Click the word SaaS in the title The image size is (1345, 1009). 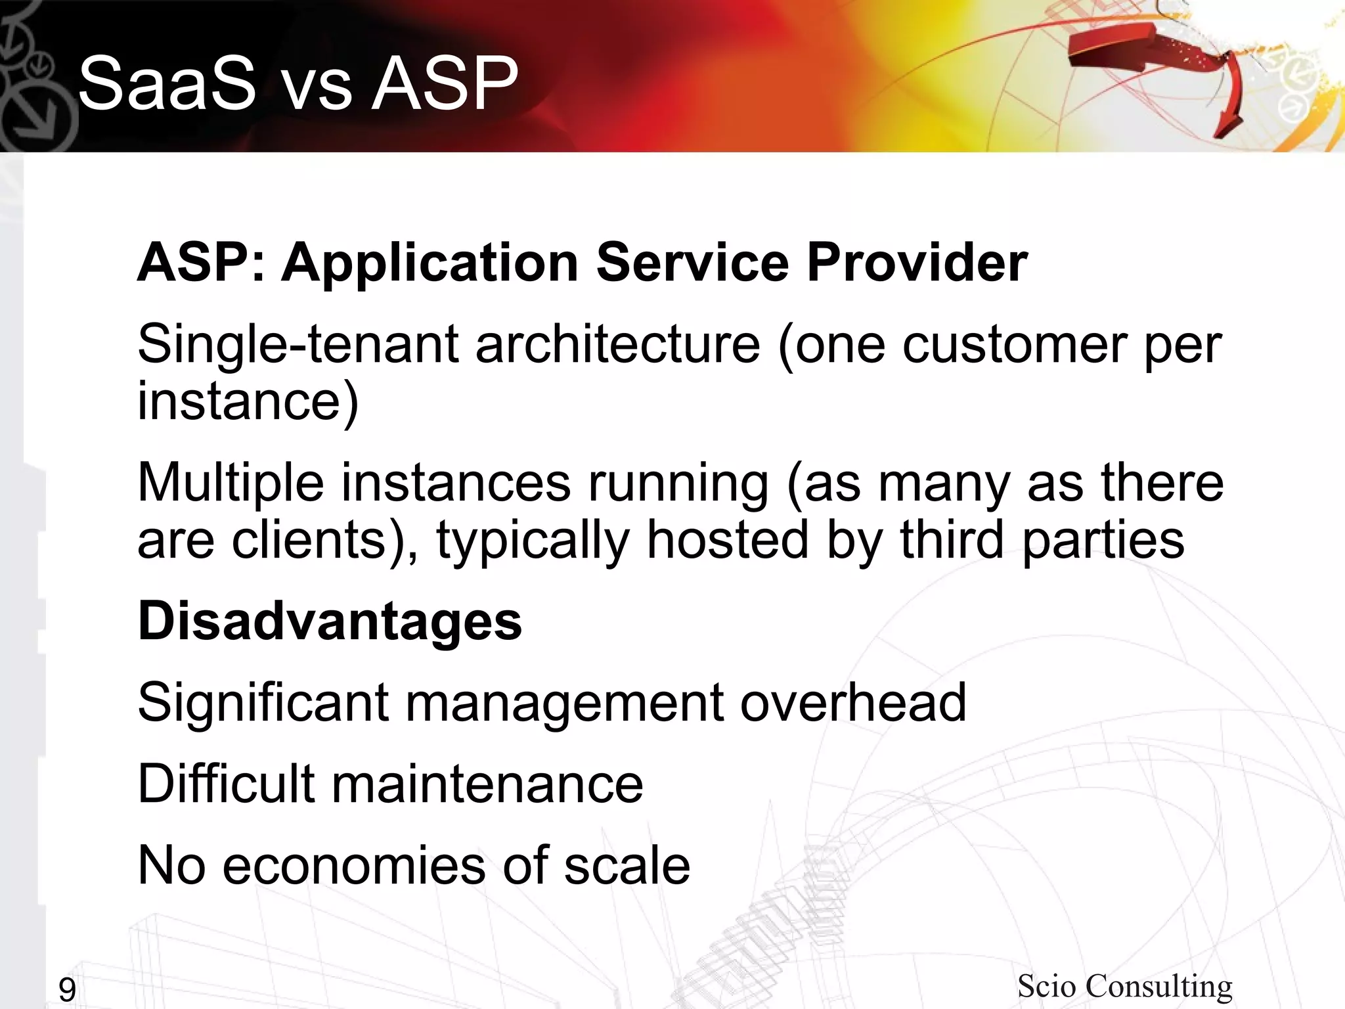[x=167, y=84]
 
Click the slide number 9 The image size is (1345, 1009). [x=67, y=989]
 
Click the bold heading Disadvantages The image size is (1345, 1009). [x=330, y=621]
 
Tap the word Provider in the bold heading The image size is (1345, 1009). [x=917, y=263]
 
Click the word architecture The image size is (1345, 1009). [x=617, y=345]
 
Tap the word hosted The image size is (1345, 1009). [x=727, y=540]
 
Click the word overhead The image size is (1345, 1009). [x=853, y=702]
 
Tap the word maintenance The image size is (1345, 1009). [x=487, y=784]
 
